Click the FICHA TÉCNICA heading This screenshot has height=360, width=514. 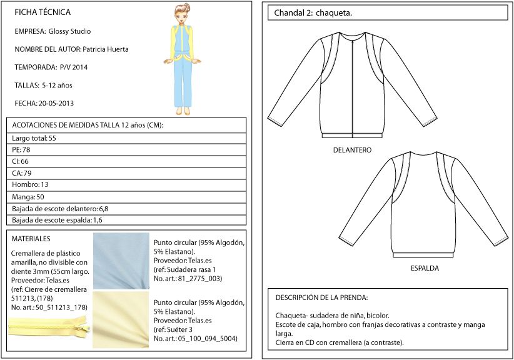pyautogui.click(x=43, y=12)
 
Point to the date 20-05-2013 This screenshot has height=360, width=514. pyautogui.click(x=56, y=103)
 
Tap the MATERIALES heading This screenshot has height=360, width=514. pyautogui.click(x=31, y=239)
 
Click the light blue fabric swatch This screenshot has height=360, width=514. pyautogui.click(x=120, y=261)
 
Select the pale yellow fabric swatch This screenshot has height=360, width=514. pyautogui.click(x=120, y=319)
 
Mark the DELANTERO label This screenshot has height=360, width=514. pyautogui.click(x=353, y=150)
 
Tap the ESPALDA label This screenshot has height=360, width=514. pyautogui.click(x=425, y=268)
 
